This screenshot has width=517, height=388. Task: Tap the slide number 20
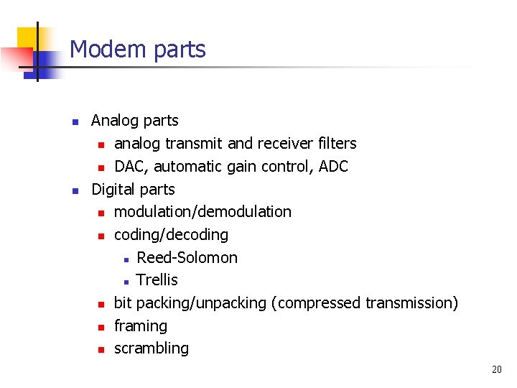coord(497,370)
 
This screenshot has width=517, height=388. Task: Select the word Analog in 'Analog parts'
coord(115,121)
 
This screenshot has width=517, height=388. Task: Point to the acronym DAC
coord(130,167)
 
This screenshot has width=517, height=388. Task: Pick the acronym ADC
coord(333,167)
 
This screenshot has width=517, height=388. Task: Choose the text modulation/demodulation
coord(202,212)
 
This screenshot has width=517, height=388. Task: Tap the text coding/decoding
coord(171,235)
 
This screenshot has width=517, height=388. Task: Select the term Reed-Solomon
coord(187,258)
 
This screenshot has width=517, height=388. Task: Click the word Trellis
coord(157,280)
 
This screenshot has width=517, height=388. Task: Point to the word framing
coord(140,326)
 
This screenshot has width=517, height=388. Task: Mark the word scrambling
coord(152,348)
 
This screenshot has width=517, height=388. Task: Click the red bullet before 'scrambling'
coord(101,350)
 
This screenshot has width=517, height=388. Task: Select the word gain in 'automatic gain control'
coord(249,167)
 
